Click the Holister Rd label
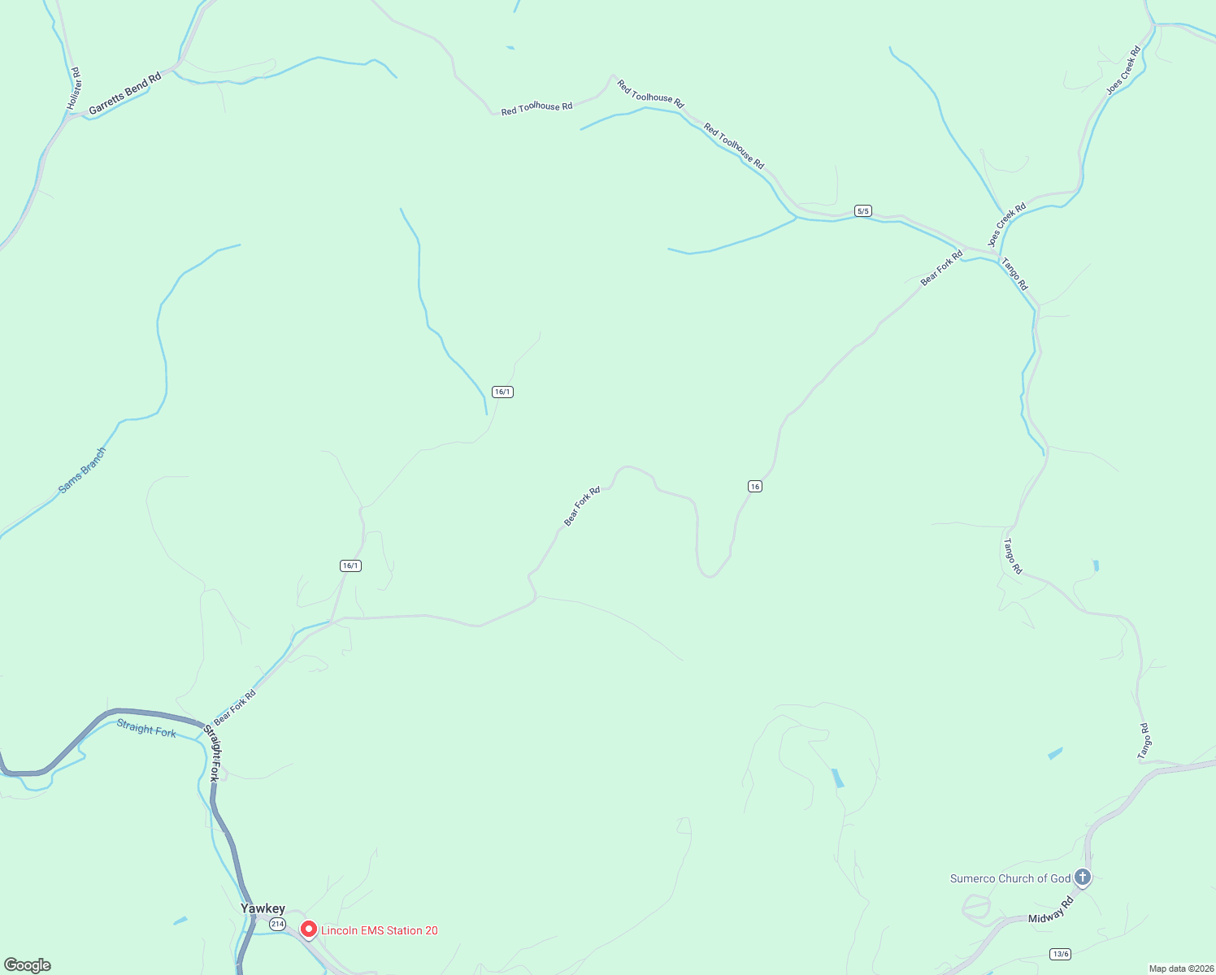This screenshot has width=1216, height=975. click(74, 89)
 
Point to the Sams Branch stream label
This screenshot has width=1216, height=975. click(82, 471)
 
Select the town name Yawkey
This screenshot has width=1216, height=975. click(263, 908)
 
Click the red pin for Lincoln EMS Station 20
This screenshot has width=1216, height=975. click(309, 929)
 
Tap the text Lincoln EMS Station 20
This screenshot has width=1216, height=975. click(380, 931)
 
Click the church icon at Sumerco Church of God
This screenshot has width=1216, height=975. click(1082, 877)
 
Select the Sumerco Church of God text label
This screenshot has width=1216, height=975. click(1010, 878)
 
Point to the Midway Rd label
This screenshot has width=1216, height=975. click(1051, 910)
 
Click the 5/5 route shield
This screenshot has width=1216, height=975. click(863, 211)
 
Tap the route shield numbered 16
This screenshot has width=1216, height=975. click(755, 487)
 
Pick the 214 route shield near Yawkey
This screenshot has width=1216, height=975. click(277, 925)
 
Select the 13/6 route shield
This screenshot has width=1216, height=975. click(1060, 954)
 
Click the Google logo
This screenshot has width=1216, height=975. click(28, 965)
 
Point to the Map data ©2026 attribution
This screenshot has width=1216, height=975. click(1179, 968)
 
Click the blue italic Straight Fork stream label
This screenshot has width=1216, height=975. click(146, 728)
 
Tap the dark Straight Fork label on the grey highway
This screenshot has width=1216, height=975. click(214, 753)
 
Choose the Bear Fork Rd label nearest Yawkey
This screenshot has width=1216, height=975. click(235, 707)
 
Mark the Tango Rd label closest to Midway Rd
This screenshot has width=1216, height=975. click(1144, 742)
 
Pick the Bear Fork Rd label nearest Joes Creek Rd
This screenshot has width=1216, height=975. click(941, 267)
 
